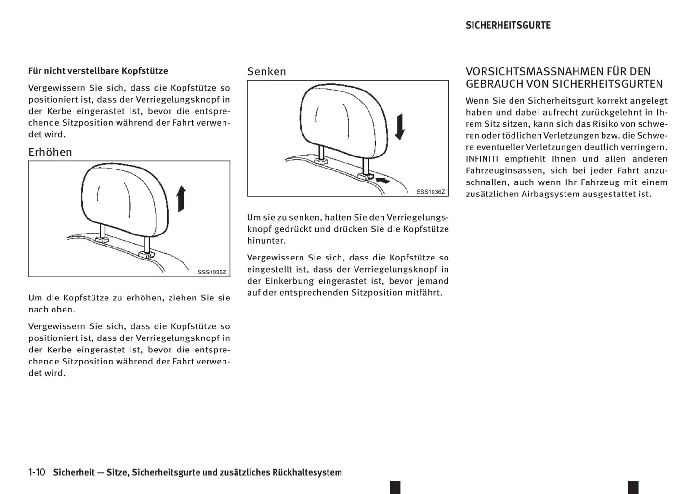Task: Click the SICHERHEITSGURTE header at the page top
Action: point(508,26)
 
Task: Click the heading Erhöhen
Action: point(50,152)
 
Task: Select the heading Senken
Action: point(266,72)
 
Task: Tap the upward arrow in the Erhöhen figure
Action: point(181,199)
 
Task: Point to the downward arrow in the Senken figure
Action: point(400,127)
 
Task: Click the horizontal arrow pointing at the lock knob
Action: point(383,180)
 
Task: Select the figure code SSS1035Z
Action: point(212,272)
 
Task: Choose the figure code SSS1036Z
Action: point(431,192)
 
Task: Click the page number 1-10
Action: point(37,472)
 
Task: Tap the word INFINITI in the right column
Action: point(482,159)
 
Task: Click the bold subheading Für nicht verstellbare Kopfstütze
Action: point(98,71)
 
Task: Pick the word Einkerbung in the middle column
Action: point(287,281)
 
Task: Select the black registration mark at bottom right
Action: point(633,487)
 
